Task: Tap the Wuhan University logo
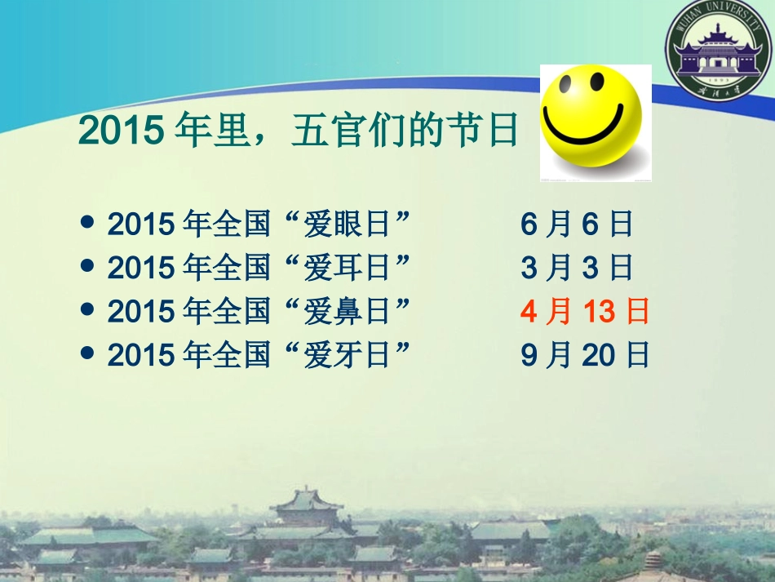719,52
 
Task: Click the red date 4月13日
585,312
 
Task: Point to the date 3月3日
577,268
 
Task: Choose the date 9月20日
585,355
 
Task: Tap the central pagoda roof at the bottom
307,499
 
